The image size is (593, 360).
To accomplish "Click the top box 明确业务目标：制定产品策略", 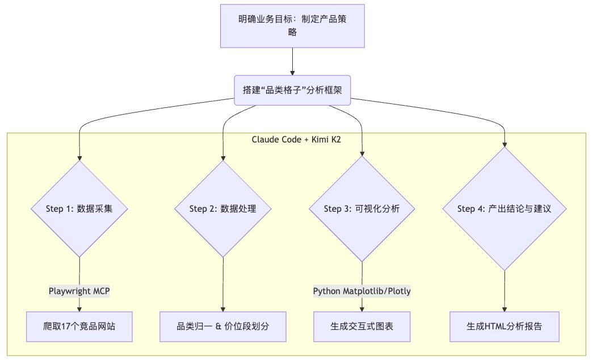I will point(292,26).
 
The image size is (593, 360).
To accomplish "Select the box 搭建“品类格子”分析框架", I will point(293,90).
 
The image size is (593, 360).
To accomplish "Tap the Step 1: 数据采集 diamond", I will point(79,209).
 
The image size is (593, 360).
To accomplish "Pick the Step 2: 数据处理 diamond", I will point(223,209).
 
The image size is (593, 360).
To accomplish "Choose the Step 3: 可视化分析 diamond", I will point(362,209).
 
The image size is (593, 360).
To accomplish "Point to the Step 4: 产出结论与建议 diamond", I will point(504,209).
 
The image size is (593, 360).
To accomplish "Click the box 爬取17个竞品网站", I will point(79,326).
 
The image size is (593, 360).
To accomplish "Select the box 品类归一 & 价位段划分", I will point(223,326).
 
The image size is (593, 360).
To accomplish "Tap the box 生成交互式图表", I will point(362,326).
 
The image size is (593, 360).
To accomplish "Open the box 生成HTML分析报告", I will point(504,326).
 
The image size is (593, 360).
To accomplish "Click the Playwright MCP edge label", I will point(79,291).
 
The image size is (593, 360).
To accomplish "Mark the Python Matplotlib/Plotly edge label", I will point(362,291).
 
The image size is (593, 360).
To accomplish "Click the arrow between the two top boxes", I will point(292,61).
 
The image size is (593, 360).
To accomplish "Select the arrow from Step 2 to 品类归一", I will point(223,284).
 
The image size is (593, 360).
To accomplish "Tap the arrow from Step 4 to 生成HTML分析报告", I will point(504,291).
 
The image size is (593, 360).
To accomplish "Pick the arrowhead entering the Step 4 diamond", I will point(504,144).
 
